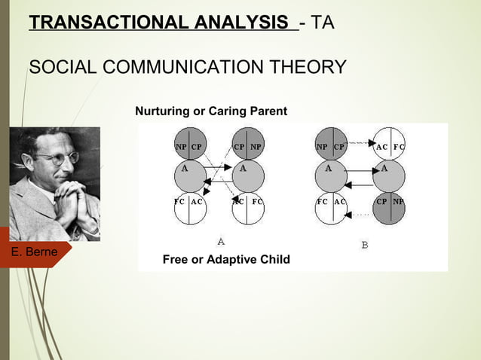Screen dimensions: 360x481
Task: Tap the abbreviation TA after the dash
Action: click(x=323, y=23)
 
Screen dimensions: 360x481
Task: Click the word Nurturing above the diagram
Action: click(x=162, y=111)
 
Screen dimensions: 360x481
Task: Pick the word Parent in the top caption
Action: click(x=268, y=111)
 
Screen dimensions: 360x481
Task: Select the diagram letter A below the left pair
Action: click(x=220, y=242)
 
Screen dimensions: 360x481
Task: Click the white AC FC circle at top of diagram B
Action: click(x=390, y=147)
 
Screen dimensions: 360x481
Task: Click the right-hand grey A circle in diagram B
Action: click(x=390, y=175)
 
